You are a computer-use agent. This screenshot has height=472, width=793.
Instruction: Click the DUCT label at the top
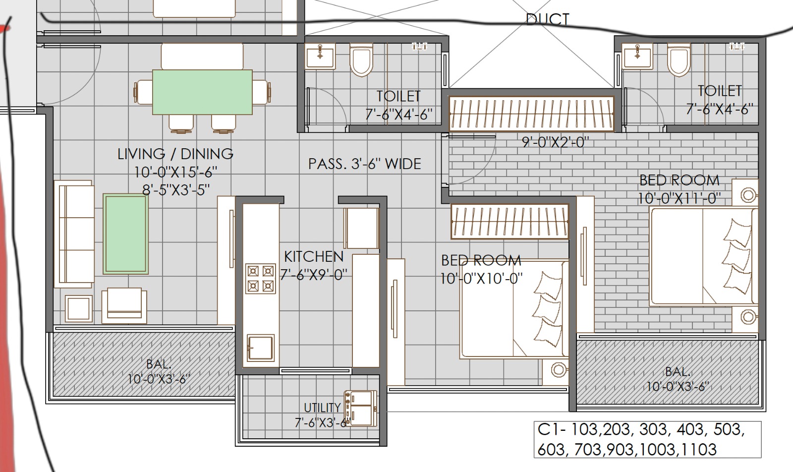tap(548, 19)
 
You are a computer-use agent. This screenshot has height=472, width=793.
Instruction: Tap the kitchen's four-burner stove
tap(261, 279)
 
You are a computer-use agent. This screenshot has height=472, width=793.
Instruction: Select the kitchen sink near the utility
tap(261, 348)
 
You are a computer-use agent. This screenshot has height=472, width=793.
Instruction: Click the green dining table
tap(202, 92)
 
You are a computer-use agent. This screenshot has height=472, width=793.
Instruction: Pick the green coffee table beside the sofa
tap(126, 234)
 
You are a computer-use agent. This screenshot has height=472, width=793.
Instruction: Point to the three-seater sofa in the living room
tap(74, 234)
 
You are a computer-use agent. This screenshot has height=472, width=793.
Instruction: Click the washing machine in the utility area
tap(360, 408)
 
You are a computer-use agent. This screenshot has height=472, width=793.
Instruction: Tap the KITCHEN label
tap(314, 257)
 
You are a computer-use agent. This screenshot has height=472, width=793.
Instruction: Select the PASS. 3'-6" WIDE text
tap(365, 164)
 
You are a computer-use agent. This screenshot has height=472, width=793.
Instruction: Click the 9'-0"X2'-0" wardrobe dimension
tap(556, 142)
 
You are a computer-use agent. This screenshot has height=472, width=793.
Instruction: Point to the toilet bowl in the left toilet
tap(361, 59)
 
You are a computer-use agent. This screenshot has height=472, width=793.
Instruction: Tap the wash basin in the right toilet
tap(637, 56)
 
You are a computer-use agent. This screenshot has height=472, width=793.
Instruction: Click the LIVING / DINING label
tap(175, 154)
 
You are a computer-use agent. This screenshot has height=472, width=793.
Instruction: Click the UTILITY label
tap(322, 408)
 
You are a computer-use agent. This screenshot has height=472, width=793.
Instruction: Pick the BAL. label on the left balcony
tap(159, 364)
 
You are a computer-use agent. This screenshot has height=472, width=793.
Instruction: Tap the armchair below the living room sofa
tap(124, 305)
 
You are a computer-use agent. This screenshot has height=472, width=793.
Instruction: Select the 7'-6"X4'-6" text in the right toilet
tap(719, 109)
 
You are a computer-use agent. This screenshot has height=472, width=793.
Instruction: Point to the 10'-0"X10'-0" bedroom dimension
tap(481, 279)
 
